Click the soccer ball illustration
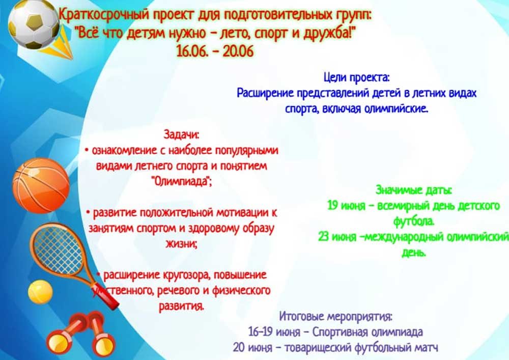tap(34, 24)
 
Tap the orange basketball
tap(41, 186)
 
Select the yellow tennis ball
tap(40, 292)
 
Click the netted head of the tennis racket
tap(56, 249)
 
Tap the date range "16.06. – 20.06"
tap(215, 51)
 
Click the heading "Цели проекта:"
tap(356, 78)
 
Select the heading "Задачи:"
tap(181, 134)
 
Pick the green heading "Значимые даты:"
tap(413, 190)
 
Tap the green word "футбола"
tap(413, 221)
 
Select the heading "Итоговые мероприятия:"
tap(335, 316)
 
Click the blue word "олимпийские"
tap(395, 109)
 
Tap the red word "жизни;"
tap(182, 244)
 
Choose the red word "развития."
tap(182, 306)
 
